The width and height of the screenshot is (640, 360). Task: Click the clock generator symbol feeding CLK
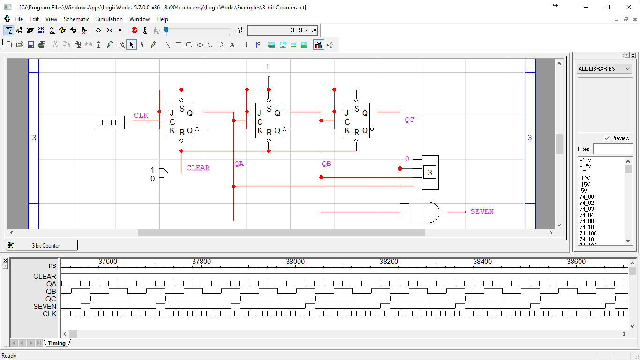pyautogui.click(x=109, y=123)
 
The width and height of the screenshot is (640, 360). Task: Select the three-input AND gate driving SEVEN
pyautogui.click(x=424, y=212)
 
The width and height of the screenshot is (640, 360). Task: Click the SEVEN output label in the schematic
pyautogui.click(x=482, y=212)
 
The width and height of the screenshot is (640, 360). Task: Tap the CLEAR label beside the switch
pyautogui.click(x=198, y=168)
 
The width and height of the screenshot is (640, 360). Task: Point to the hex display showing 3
pyautogui.click(x=430, y=172)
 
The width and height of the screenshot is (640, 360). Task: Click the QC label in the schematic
pyautogui.click(x=409, y=120)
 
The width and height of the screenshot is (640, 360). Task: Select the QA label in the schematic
pyautogui.click(x=239, y=164)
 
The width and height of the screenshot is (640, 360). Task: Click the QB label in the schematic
pyautogui.click(x=326, y=164)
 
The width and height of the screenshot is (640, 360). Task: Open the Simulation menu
pyautogui.click(x=109, y=19)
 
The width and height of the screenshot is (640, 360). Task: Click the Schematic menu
pyautogui.click(x=76, y=19)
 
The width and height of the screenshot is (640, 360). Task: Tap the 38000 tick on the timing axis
pyautogui.click(x=295, y=262)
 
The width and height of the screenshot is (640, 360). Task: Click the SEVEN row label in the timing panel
pyautogui.click(x=45, y=307)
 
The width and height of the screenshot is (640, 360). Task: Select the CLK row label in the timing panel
pyautogui.click(x=49, y=314)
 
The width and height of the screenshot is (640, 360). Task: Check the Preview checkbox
pyautogui.click(x=607, y=138)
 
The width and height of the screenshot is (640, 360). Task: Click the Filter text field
pyautogui.click(x=612, y=149)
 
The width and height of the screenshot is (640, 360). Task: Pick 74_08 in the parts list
pyautogui.click(x=587, y=221)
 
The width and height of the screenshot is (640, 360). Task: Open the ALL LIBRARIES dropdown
pyautogui.click(x=604, y=69)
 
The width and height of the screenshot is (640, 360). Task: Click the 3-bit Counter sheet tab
pyautogui.click(x=45, y=246)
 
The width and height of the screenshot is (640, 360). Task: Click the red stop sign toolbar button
pyautogui.click(x=134, y=30)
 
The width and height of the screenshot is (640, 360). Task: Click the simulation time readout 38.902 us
pyautogui.click(x=283, y=30)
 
